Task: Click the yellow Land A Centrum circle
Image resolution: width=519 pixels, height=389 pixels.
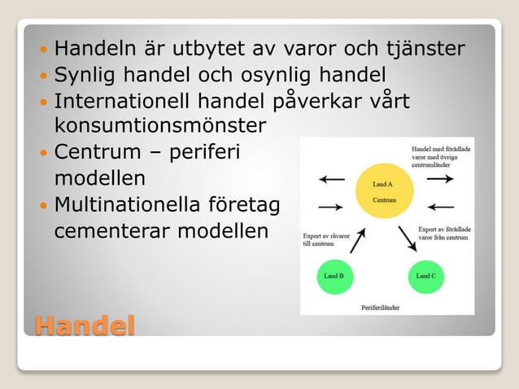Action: [383, 192]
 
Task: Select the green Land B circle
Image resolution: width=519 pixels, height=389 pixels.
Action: [334, 277]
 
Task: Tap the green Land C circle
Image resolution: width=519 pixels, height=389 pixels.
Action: [425, 277]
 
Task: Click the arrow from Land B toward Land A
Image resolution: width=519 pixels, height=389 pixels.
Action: [357, 240]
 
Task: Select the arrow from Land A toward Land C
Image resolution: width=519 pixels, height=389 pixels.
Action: [406, 239]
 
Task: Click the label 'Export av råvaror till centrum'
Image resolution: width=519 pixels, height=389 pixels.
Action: [325, 239]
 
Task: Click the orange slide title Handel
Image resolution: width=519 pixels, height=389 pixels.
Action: [84, 326]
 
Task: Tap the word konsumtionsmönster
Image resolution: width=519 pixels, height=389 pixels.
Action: [159, 126]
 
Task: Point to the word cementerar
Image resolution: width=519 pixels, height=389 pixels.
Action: [104, 229]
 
